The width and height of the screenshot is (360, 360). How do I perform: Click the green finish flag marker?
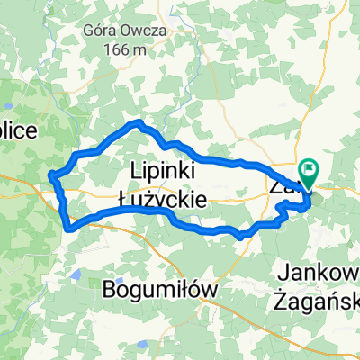(x=310, y=168)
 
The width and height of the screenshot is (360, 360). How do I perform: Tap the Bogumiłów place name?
(x=161, y=289)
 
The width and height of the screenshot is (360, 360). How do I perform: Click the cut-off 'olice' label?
(x=18, y=131)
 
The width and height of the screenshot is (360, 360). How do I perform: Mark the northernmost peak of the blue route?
(x=138, y=121)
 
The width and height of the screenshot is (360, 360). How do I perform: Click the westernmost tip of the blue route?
(x=50, y=174)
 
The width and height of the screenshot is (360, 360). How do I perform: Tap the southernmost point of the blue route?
(x=239, y=237)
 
